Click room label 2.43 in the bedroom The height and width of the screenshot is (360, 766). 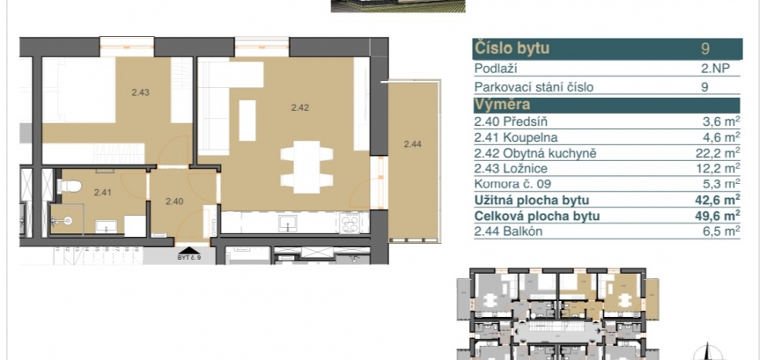[140, 92]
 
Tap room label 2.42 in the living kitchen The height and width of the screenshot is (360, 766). [300, 108]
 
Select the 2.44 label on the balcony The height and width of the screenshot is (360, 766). [413, 143]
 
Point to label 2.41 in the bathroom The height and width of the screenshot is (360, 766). [103, 193]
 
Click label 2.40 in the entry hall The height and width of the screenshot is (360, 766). [174, 201]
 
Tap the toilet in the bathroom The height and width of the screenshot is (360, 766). [69, 186]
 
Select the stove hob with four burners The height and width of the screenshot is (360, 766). [350, 224]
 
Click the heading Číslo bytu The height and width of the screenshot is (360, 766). [512, 48]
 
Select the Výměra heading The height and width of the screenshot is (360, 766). [502, 105]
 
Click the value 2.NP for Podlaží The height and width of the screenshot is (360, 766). [715, 69]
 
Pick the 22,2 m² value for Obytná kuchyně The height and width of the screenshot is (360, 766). [718, 153]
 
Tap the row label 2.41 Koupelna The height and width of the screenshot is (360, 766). [516, 137]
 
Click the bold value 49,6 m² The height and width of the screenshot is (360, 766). [717, 216]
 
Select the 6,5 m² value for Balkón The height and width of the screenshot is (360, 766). [720, 231]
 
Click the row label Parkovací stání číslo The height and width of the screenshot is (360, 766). [534, 87]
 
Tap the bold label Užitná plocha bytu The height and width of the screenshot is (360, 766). [532, 201]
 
